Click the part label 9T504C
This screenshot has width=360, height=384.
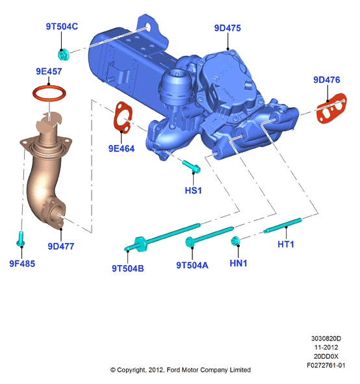pyautogui.click(x=62, y=27)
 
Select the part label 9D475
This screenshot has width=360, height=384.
pyautogui.click(x=227, y=28)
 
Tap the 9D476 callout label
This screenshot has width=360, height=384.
pyautogui.click(x=327, y=80)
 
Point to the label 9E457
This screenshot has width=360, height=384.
pyautogui.click(x=49, y=71)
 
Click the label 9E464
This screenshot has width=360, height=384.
pyautogui.click(x=122, y=149)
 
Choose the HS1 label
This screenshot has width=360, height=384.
pyautogui.click(x=193, y=190)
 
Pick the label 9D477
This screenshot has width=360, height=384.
pyautogui.click(x=60, y=246)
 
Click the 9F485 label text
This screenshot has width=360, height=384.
pyautogui.click(x=22, y=264)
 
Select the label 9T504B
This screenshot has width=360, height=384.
pyautogui.click(x=128, y=268)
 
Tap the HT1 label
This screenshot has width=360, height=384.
pyautogui.click(x=286, y=244)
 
